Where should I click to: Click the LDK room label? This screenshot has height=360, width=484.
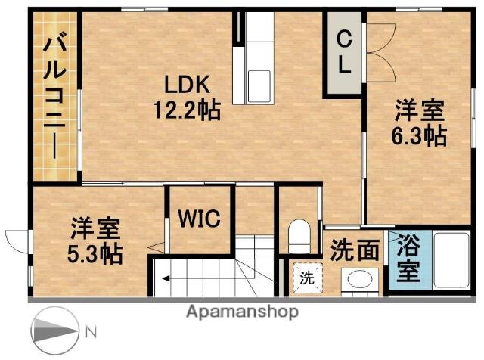tap(187, 85)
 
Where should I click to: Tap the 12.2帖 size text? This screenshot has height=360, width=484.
tap(187, 110)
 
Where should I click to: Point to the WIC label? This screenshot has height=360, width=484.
tap(200, 219)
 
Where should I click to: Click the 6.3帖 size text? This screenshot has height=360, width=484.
tap(419, 135)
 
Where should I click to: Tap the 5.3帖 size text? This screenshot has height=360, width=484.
tap(95, 253)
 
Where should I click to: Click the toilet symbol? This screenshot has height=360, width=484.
tap(299, 236)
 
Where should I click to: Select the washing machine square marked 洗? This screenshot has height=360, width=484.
tap(307, 278)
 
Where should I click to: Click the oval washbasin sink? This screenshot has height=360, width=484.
tap(360, 279)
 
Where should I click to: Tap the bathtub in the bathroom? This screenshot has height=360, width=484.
tap(451, 261)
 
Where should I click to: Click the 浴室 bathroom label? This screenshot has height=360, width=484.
tap(408, 258)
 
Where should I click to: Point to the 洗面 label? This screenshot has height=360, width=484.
tap(355, 250)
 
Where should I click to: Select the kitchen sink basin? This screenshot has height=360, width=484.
tap(259, 86)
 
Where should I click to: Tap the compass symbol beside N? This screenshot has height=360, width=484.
tap(54, 331)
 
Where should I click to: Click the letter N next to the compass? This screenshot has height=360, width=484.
tap(91, 332)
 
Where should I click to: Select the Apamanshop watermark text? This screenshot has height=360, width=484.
tap(242, 312)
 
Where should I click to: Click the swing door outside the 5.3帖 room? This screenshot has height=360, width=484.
tap(18, 241)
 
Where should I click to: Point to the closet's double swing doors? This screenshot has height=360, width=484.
tap(380, 52)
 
